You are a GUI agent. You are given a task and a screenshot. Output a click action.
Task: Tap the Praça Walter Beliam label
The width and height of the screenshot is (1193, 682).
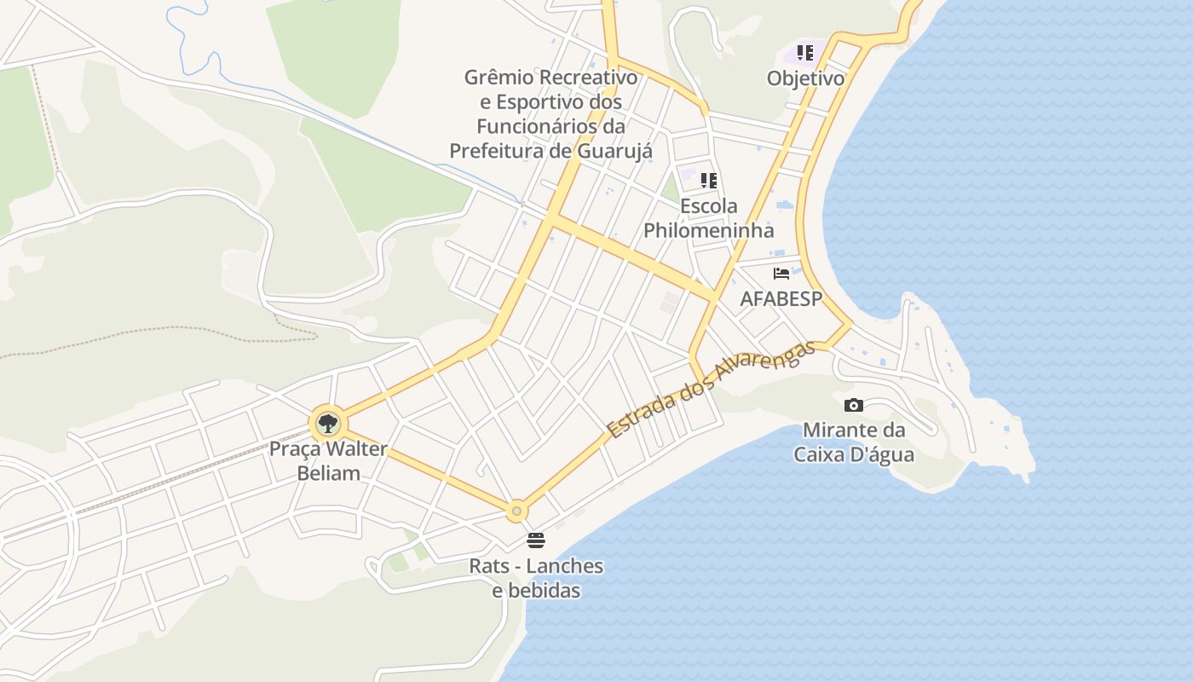[328, 460]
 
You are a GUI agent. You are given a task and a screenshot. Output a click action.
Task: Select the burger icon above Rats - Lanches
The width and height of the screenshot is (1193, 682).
[535, 540]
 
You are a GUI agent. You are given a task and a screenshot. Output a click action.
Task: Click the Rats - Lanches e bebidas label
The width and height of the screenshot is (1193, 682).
[536, 578]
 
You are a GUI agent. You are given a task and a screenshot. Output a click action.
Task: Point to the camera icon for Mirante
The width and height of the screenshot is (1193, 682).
[853, 406]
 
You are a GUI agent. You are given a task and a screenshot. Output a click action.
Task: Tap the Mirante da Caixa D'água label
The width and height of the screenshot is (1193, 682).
[854, 442]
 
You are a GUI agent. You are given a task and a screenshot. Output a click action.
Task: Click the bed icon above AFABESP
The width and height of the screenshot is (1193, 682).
[781, 274]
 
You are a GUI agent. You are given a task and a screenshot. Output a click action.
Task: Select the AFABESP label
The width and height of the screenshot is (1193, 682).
[781, 299]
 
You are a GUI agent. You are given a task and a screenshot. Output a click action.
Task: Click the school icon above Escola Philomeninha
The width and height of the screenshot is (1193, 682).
[709, 181]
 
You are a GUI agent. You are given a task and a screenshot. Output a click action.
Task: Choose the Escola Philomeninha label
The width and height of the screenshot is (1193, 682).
[709, 218]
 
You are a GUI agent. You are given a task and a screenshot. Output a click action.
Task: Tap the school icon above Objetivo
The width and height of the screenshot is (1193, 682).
[805, 53]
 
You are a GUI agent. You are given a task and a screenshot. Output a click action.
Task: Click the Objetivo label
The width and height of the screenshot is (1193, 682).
[805, 78]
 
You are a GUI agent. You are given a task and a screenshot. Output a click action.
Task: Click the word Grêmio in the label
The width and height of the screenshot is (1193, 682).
[498, 78]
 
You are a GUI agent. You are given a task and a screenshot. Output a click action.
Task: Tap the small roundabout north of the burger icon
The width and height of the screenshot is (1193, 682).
[516, 511]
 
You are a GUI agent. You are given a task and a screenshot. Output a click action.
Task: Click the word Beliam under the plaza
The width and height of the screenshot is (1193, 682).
[328, 473]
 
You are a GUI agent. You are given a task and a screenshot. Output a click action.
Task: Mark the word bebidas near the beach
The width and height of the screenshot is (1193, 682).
[536, 591]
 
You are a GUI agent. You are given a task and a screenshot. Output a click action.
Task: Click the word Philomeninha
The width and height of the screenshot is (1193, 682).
[709, 230]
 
